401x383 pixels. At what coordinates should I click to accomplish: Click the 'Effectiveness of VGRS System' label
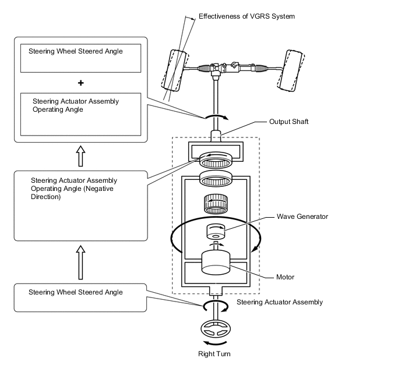tap(247, 16)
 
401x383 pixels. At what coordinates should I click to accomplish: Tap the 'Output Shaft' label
tap(289, 122)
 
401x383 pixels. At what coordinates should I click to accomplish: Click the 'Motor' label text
tap(285, 277)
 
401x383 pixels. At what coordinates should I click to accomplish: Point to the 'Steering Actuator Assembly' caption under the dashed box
tap(279, 302)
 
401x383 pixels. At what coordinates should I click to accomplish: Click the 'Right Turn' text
tap(215, 353)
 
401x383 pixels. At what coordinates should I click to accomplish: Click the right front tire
tap(290, 70)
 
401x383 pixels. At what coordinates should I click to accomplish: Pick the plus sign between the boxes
tap(81, 82)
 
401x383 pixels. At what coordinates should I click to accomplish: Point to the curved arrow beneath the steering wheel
tap(215, 343)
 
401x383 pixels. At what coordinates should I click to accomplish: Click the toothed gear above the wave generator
tap(215, 204)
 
